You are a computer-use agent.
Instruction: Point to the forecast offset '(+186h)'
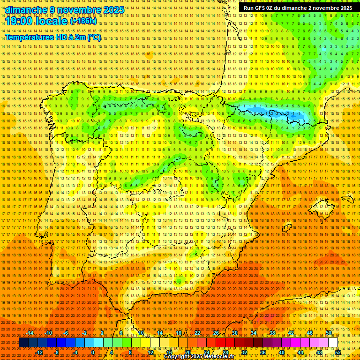(83, 21)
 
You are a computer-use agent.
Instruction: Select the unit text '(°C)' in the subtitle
(94, 37)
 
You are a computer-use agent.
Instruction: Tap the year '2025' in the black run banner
(345, 8)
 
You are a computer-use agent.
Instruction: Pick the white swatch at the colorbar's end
(333, 343)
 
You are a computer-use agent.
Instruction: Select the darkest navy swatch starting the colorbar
(23, 343)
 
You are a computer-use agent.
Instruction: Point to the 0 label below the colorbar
(93, 352)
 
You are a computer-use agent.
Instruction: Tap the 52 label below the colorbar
(337, 352)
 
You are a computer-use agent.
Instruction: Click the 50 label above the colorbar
(328, 333)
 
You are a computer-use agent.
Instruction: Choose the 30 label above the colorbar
(234, 333)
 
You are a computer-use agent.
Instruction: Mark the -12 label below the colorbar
(39, 352)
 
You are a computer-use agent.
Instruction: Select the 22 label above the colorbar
(197, 333)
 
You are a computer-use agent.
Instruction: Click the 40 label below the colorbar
(281, 352)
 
